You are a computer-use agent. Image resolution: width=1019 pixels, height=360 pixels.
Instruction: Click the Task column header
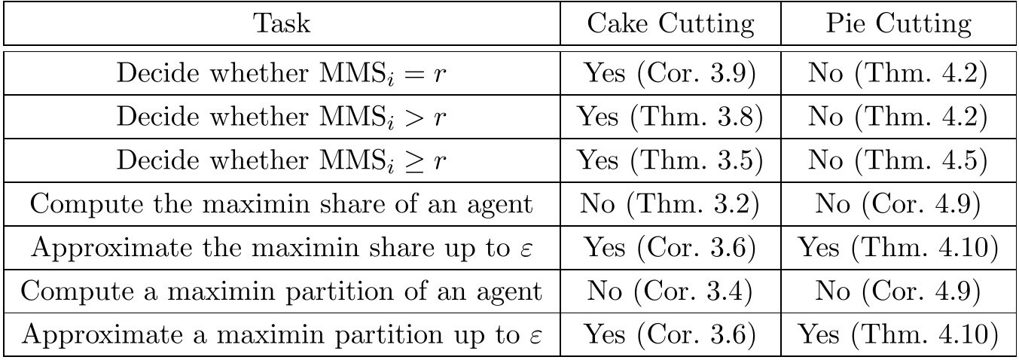(x=282, y=23)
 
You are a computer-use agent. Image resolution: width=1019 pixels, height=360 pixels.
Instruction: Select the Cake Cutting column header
(x=670, y=23)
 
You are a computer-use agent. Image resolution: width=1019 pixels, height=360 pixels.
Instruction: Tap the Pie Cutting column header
(x=898, y=23)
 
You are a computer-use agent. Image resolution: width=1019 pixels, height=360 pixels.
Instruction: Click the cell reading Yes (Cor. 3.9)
(x=670, y=73)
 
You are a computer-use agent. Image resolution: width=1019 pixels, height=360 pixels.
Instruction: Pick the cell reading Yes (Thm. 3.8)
(x=670, y=117)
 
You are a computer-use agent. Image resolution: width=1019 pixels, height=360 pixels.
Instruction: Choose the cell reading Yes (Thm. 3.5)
(x=670, y=160)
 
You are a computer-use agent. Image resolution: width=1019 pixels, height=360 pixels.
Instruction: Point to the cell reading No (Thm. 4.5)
(x=898, y=160)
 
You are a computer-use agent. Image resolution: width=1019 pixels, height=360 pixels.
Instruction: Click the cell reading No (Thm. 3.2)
(x=670, y=204)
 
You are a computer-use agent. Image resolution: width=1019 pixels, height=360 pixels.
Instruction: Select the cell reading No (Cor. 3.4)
(x=670, y=291)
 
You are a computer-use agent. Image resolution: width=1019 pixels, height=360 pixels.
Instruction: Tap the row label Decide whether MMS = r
(x=282, y=74)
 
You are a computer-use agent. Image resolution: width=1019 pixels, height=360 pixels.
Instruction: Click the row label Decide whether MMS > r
(x=282, y=117)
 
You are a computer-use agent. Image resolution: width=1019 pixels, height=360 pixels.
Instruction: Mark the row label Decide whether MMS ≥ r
(x=282, y=161)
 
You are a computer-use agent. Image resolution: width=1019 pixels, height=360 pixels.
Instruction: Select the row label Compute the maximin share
(x=282, y=204)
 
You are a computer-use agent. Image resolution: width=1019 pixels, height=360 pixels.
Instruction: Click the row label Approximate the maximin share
(x=282, y=248)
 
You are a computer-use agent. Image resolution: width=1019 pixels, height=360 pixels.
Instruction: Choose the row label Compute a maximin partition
(x=282, y=291)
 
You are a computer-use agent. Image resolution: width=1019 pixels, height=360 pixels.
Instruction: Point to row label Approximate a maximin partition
(x=282, y=335)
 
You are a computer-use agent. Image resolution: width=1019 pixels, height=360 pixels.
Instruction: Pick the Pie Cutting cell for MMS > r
(x=898, y=117)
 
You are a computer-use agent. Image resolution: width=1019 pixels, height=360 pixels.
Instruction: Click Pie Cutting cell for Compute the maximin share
(x=898, y=204)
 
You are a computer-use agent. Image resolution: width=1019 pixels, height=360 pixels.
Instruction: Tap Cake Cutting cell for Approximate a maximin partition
(x=670, y=335)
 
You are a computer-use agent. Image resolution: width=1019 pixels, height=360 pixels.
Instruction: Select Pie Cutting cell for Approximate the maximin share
(x=898, y=248)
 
